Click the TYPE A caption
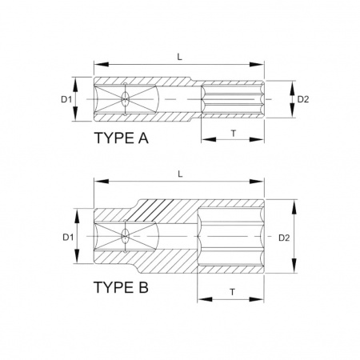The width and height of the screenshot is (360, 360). click(x=122, y=138)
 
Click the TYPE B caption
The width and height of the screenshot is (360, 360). click(x=121, y=287)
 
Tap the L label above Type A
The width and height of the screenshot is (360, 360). click(x=180, y=57)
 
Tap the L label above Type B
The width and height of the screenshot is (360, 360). click(x=180, y=174)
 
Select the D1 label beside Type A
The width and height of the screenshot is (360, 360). click(x=66, y=99)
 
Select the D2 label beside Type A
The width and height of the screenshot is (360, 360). click(x=303, y=99)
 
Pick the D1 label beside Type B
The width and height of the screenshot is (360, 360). click(x=68, y=237)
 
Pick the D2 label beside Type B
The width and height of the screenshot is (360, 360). click(x=284, y=238)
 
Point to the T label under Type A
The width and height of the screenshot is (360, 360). click(x=234, y=133)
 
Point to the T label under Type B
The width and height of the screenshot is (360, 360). click(x=233, y=292)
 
